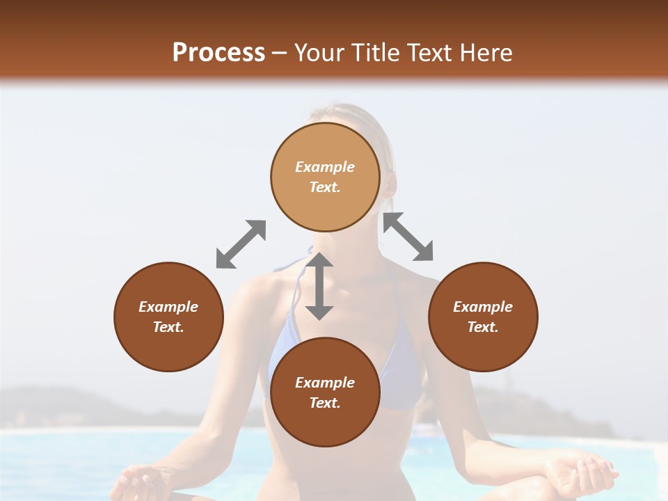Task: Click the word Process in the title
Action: click(x=218, y=53)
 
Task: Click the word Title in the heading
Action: click(x=378, y=53)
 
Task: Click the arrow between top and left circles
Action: click(x=241, y=244)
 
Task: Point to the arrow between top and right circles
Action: click(x=408, y=237)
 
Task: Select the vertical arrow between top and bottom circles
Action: click(x=319, y=286)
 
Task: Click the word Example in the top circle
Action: click(x=325, y=167)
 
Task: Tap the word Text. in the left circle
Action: click(x=168, y=327)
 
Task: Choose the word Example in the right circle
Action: click(x=483, y=307)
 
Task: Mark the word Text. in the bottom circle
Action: click(x=325, y=403)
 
